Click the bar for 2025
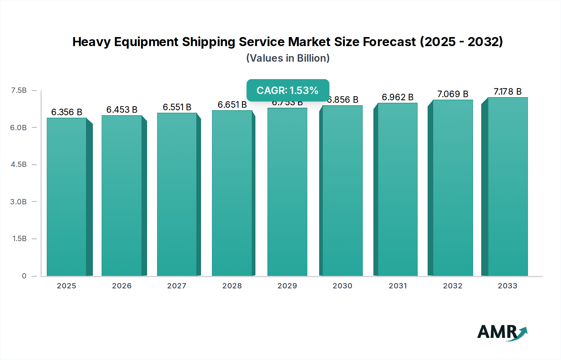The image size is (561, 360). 66,197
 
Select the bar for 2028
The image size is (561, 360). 232,193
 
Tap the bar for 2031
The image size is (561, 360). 397,189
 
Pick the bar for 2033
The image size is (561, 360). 508,187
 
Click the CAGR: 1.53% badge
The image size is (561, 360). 288,90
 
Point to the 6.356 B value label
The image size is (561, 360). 66,112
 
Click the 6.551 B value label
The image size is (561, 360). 177,107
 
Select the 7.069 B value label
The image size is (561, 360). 453,94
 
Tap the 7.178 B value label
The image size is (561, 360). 507,92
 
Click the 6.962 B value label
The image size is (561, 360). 397,97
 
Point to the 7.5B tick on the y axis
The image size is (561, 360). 19,90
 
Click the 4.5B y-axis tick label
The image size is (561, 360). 19,164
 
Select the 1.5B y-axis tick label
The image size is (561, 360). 19,239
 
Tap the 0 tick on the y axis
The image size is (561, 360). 24,276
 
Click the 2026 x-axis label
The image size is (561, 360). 122,286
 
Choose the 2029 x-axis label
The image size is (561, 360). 287,286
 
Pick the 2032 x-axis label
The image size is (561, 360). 453,286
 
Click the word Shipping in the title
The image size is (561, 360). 208,42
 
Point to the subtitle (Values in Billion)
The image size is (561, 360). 288,58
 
